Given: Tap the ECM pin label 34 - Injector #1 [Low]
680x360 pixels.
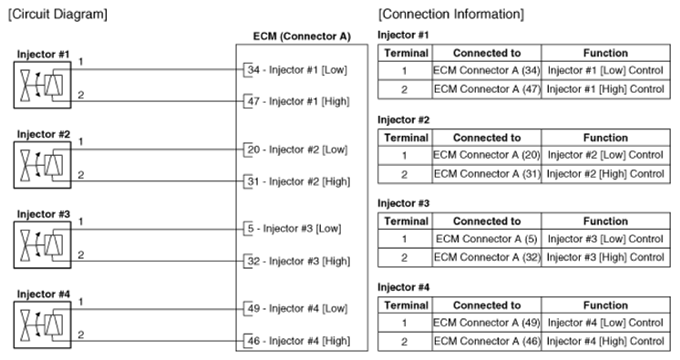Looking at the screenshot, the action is point(297,70).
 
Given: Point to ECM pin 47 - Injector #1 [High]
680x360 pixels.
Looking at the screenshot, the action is point(298,101).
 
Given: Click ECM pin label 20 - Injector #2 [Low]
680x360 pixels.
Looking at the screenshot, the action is point(297,149).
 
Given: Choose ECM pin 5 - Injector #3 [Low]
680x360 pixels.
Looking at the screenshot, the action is point(294,229).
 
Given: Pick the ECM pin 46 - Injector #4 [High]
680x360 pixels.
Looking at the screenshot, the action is point(298,341).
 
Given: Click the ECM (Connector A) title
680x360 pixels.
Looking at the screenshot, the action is point(302,36).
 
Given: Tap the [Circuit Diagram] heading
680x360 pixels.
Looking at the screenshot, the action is point(57,15).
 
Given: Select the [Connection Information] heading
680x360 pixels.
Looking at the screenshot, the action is point(451,15).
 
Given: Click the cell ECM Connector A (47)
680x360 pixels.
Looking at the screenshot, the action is point(487,89).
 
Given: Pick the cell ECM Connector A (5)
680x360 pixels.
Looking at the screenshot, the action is point(487,239).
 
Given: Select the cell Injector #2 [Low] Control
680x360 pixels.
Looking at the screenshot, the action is point(605,155).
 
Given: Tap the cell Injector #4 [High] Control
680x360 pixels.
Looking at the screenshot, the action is point(605,342).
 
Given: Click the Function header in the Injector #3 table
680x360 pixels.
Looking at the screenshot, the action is point(605,221).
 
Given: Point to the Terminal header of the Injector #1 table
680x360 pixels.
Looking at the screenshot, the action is point(406,53).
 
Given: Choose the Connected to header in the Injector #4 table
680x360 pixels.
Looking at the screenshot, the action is point(487,305).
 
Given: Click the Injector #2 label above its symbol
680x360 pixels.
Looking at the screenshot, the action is point(44,135).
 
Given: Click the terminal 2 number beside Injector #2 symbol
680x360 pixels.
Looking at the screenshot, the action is point(81,175).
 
